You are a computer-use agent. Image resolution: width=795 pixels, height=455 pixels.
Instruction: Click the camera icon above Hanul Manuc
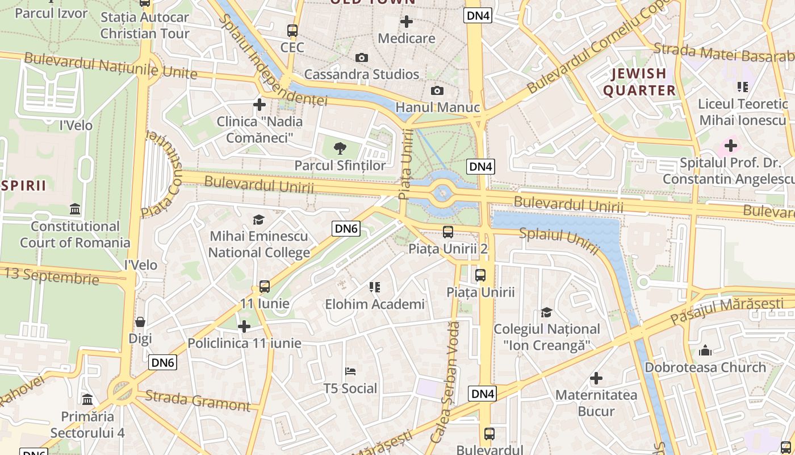(437, 91)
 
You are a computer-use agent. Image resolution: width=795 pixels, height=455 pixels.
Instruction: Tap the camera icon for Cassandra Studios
(361, 58)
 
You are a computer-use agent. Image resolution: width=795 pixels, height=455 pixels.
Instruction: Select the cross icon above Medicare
(407, 22)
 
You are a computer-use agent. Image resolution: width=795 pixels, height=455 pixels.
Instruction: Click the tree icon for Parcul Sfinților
(340, 149)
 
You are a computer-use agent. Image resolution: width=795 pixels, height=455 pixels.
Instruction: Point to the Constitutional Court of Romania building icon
(75, 209)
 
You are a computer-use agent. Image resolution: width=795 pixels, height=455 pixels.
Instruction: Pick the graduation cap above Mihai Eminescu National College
(259, 220)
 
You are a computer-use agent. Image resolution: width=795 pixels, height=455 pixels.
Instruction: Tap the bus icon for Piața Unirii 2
(448, 232)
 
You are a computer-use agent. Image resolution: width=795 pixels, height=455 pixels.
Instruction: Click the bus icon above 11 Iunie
(265, 287)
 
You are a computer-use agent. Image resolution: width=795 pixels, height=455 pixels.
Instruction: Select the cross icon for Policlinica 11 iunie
(244, 326)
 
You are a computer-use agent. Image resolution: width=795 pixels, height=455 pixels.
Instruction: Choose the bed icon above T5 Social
(350, 372)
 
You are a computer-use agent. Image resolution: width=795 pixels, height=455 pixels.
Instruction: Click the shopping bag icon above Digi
(140, 322)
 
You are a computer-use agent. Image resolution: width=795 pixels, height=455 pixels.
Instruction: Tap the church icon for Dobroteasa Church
(705, 350)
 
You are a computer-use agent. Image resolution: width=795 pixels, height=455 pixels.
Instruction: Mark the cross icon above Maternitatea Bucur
(596, 378)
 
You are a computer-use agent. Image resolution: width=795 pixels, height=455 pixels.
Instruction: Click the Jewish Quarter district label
(639, 82)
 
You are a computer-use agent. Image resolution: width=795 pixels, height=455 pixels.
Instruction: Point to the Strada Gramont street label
(198, 400)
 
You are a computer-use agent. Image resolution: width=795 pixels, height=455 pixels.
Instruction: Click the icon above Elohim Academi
(375, 287)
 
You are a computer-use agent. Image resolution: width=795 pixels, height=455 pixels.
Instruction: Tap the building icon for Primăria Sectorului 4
(87, 400)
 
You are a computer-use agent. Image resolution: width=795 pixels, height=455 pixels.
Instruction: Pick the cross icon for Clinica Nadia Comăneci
(260, 105)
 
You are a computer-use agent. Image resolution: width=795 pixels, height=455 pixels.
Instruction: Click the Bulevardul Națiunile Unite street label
(111, 66)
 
